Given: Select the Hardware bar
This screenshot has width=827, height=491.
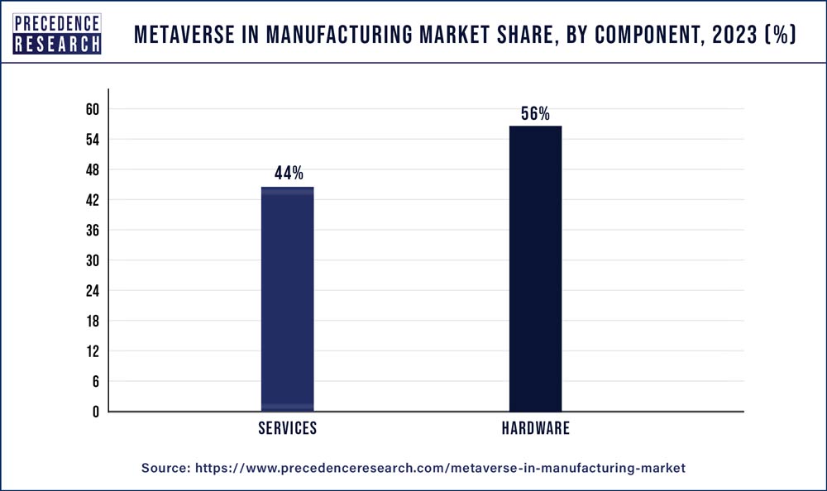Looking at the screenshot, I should click(x=535, y=269).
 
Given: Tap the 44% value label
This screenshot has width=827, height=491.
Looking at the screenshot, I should click(x=289, y=174).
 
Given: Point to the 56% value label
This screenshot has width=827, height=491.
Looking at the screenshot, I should click(x=535, y=114).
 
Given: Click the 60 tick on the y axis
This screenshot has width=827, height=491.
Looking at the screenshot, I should click(x=92, y=109).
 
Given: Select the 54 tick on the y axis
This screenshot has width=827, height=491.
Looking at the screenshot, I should click(x=92, y=140).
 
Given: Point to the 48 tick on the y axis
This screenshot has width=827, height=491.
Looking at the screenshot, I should click(x=92, y=170).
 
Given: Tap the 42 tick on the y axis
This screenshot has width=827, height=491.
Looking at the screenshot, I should click(x=92, y=200).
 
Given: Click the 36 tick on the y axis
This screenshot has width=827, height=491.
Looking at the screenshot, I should click(x=92, y=231).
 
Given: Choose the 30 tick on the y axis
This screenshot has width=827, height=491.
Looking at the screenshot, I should click(x=92, y=260).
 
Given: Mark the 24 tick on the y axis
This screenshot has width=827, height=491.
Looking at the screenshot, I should click(x=92, y=291).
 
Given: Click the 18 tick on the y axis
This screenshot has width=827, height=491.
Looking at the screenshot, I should click(x=92, y=321).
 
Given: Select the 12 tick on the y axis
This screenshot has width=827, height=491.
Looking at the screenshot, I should click(x=92, y=351).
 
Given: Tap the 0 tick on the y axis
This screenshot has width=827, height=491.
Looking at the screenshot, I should click(x=95, y=412).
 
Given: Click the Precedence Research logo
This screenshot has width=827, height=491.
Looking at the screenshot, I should click(x=57, y=34).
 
